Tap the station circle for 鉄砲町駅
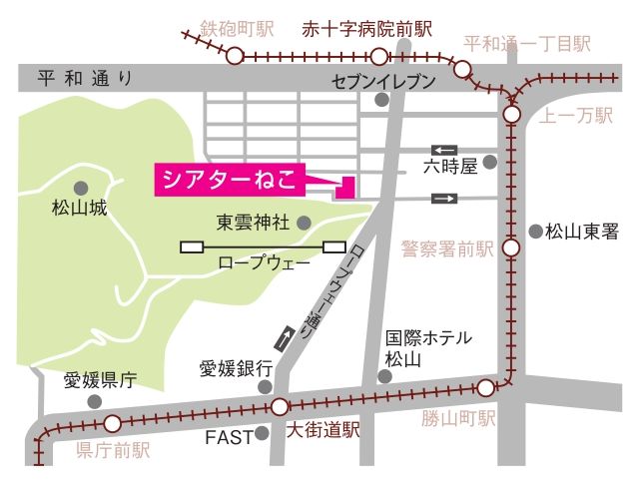pos(235,56)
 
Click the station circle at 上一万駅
pos(511,116)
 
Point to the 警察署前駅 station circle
pos(511,248)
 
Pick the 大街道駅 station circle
pos(279,406)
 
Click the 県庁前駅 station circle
pos(112,423)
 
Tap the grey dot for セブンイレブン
pos(381,99)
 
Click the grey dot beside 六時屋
pos(489,162)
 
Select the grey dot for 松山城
pos(80,187)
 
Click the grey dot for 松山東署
pos(535,232)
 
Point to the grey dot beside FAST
pos(263,434)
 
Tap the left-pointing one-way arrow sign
pos(444,149)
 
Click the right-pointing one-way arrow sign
pos(444,199)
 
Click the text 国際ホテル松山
pos(429,347)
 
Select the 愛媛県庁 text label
pos(100,380)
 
